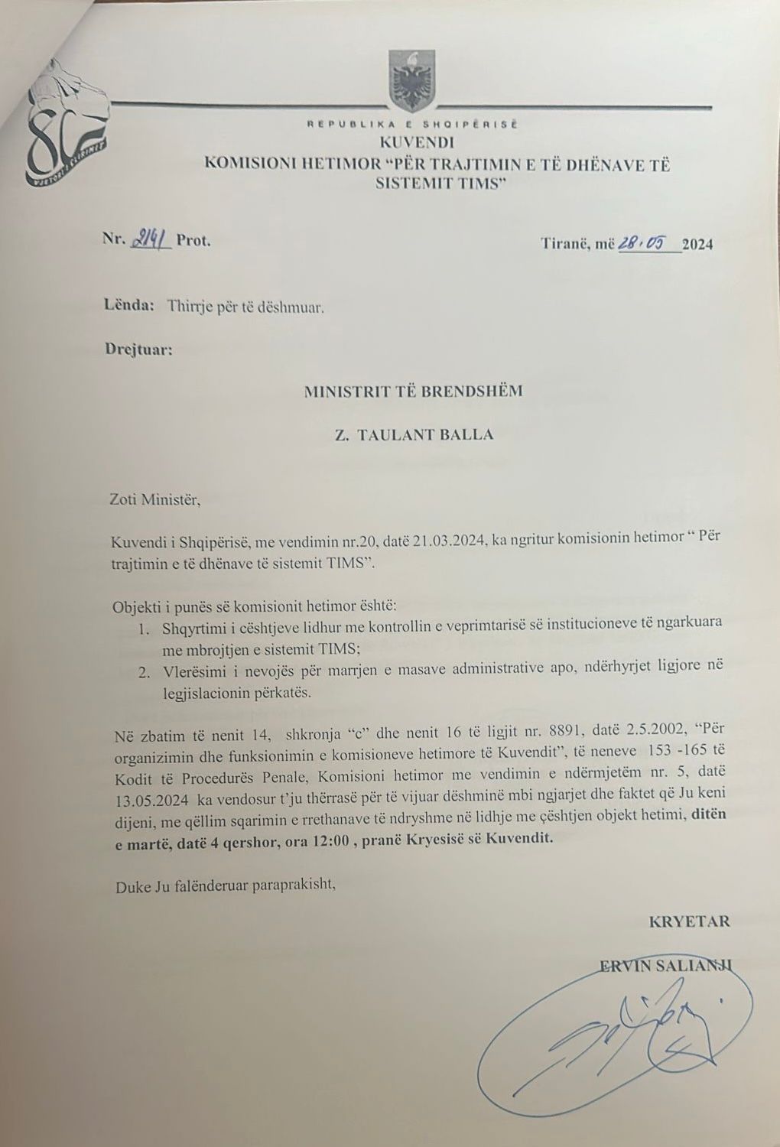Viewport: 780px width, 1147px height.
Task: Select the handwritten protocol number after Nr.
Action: (x=151, y=239)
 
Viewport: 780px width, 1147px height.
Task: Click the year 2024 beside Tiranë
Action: (x=697, y=245)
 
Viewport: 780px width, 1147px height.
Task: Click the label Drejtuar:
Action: (x=138, y=351)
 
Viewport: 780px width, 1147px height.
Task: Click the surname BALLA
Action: (x=463, y=434)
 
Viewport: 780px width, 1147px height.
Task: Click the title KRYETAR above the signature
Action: (x=689, y=921)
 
